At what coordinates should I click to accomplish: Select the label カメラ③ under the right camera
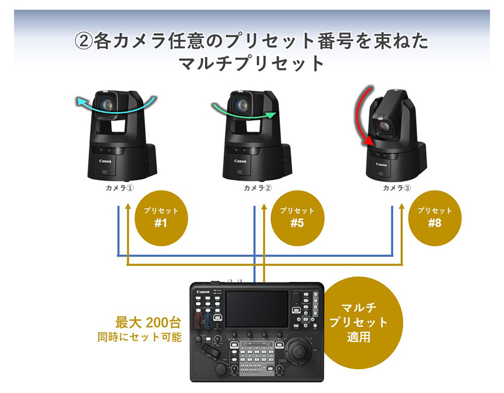click(397, 188)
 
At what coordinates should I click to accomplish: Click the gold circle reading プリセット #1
click(161, 217)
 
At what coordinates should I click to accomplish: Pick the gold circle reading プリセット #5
click(297, 217)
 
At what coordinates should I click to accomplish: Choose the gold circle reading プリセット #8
click(435, 217)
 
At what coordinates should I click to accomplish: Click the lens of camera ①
click(106, 104)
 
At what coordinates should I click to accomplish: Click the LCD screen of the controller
click(257, 309)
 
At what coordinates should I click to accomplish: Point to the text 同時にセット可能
click(139, 337)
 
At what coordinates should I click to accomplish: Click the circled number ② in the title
click(84, 41)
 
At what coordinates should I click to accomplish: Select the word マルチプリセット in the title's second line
click(252, 62)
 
